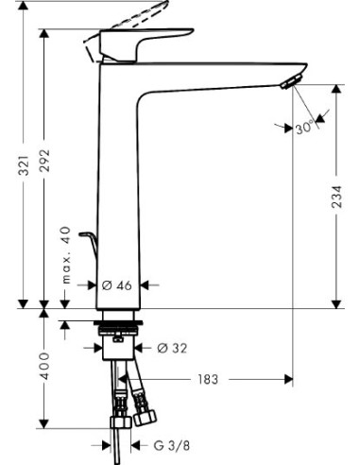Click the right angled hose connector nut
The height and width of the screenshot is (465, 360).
click(x=146, y=413)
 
